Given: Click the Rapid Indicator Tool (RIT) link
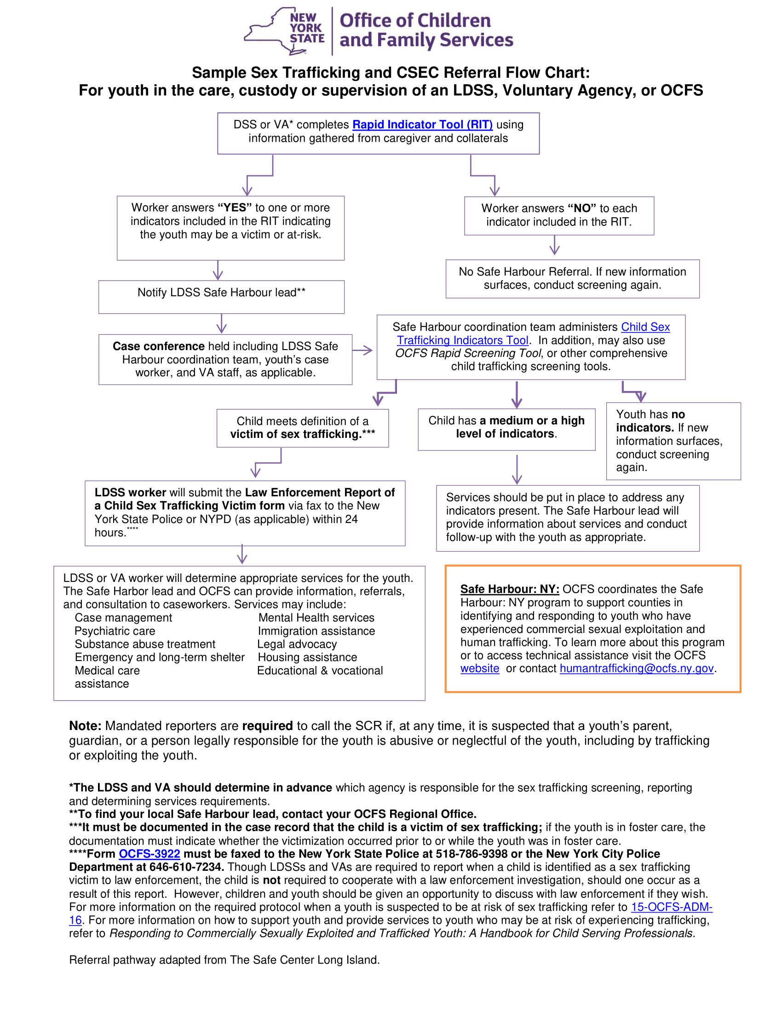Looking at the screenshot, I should point(422,125).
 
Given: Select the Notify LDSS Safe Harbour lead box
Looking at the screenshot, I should point(221,297).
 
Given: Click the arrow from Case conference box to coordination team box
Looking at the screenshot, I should point(363,351).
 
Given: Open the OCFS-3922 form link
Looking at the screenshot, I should point(149,853).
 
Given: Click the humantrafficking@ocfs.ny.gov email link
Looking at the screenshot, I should point(636,668).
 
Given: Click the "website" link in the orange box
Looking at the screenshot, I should point(479,668).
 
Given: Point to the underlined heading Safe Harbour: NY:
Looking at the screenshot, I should point(510,589).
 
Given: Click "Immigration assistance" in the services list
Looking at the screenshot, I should point(316,631).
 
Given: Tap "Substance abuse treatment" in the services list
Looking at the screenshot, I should point(145,644).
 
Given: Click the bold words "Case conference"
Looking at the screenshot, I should point(158,346).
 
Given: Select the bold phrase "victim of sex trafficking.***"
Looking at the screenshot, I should point(303,434).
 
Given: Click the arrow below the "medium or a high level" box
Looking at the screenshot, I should point(517,469).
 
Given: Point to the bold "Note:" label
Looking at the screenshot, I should point(85,725).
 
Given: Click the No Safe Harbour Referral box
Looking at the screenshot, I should point(572,278).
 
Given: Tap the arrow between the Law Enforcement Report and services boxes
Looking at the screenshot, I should point(242,555).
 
